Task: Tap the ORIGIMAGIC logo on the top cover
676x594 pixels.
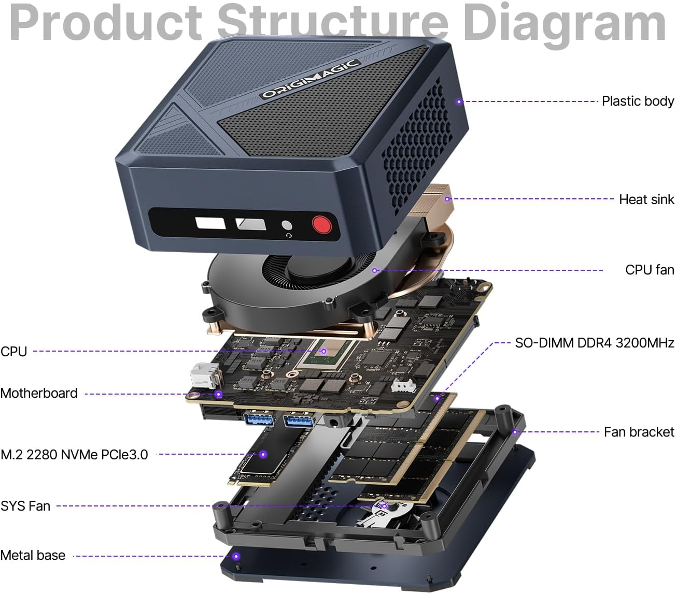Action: click(310, 79)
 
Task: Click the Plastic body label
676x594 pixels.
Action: click(638, 101)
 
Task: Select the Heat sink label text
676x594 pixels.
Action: click(646, 199)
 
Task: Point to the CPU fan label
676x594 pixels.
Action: click(649, 270)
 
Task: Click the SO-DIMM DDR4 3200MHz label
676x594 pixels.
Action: click(594, 343)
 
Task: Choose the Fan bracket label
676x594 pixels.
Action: click(639, 432)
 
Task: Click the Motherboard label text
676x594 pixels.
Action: click(39, 393)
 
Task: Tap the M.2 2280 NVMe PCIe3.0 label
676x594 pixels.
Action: click(74, 455)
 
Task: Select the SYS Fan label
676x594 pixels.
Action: click(25, 506)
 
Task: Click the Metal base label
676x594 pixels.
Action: click(33, 555)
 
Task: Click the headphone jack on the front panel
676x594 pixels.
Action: click(286, 226)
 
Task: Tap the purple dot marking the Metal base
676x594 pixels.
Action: click(236, 557)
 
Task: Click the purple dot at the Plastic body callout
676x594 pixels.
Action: click(459, 102)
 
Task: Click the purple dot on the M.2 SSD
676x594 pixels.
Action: click(263, 454)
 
